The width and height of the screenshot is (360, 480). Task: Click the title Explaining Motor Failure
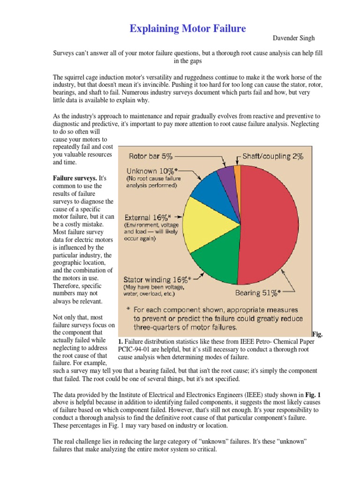(187, 29)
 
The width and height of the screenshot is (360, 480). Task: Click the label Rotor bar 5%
(151, 156)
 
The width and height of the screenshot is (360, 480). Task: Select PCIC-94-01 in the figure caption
(133, 349)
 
